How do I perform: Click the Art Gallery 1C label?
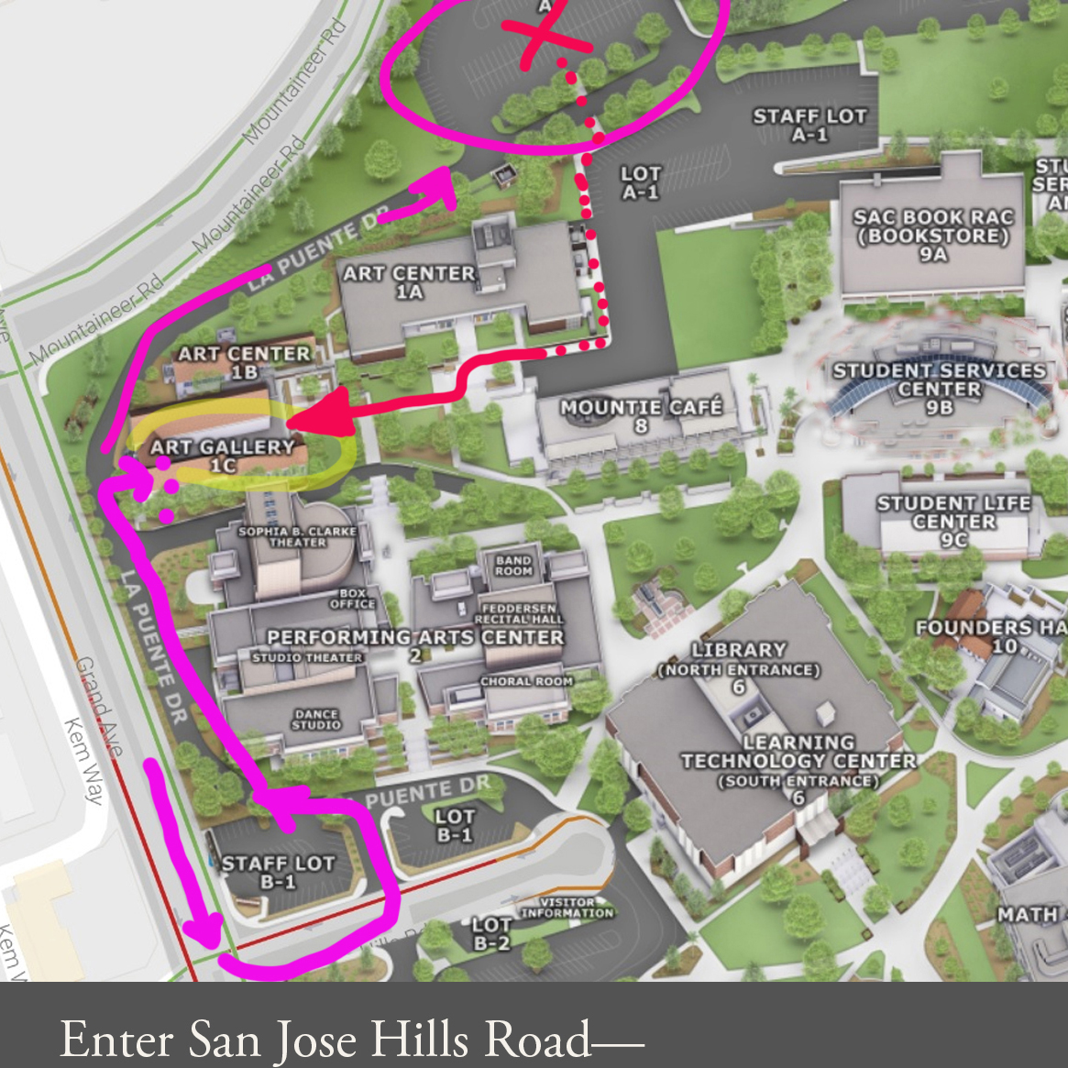pyautogui.click(x=223, y=455)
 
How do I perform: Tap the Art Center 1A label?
pyautogui.click(x=409, y=282)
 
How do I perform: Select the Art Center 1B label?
pyautogui.click(x=244, y=362)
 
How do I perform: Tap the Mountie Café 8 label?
pyautogui.click(x=641, y=415)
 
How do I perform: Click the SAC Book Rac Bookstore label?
pyautogui.click(x=932, y=236)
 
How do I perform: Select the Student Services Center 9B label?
pyautogui.click(x=939, y=389)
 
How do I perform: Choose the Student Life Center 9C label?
pyautogui.click(x=953, y=521)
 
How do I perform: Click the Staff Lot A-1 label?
pyautogui.click(x=809, y=125)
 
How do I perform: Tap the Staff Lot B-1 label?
pyautogui.click(x=278, y=872)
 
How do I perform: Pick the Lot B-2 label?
pyautogui.click(x=491, y=933)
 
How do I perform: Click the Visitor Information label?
pyautogui.click(x=567, y=908)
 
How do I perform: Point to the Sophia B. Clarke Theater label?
pyautogui.click(x=297, y=536)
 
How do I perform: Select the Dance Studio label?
pyautogui.click(x=316, y=720)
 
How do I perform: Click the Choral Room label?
pyautogui.click(x=526, y=681)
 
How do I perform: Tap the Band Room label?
pyautogui.click(x=513, y=565)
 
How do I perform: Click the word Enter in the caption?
pyautogui.click(x=116, y=1039)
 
